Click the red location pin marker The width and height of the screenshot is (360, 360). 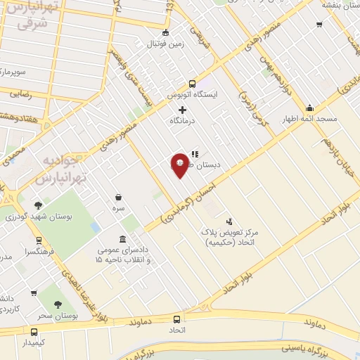click(x=179, y=165)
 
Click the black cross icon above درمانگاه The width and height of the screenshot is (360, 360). click(x=183, y=110)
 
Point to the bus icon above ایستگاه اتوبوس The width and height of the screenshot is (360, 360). click(x=192, y=82)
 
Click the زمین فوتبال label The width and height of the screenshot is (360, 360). click(x=165, y=44)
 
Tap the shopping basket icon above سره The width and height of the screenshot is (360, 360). click(x=118, y=198)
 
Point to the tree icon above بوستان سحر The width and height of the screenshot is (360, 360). click(x=58, y=304)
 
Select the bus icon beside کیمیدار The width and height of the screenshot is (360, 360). click(x=34, y=332)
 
